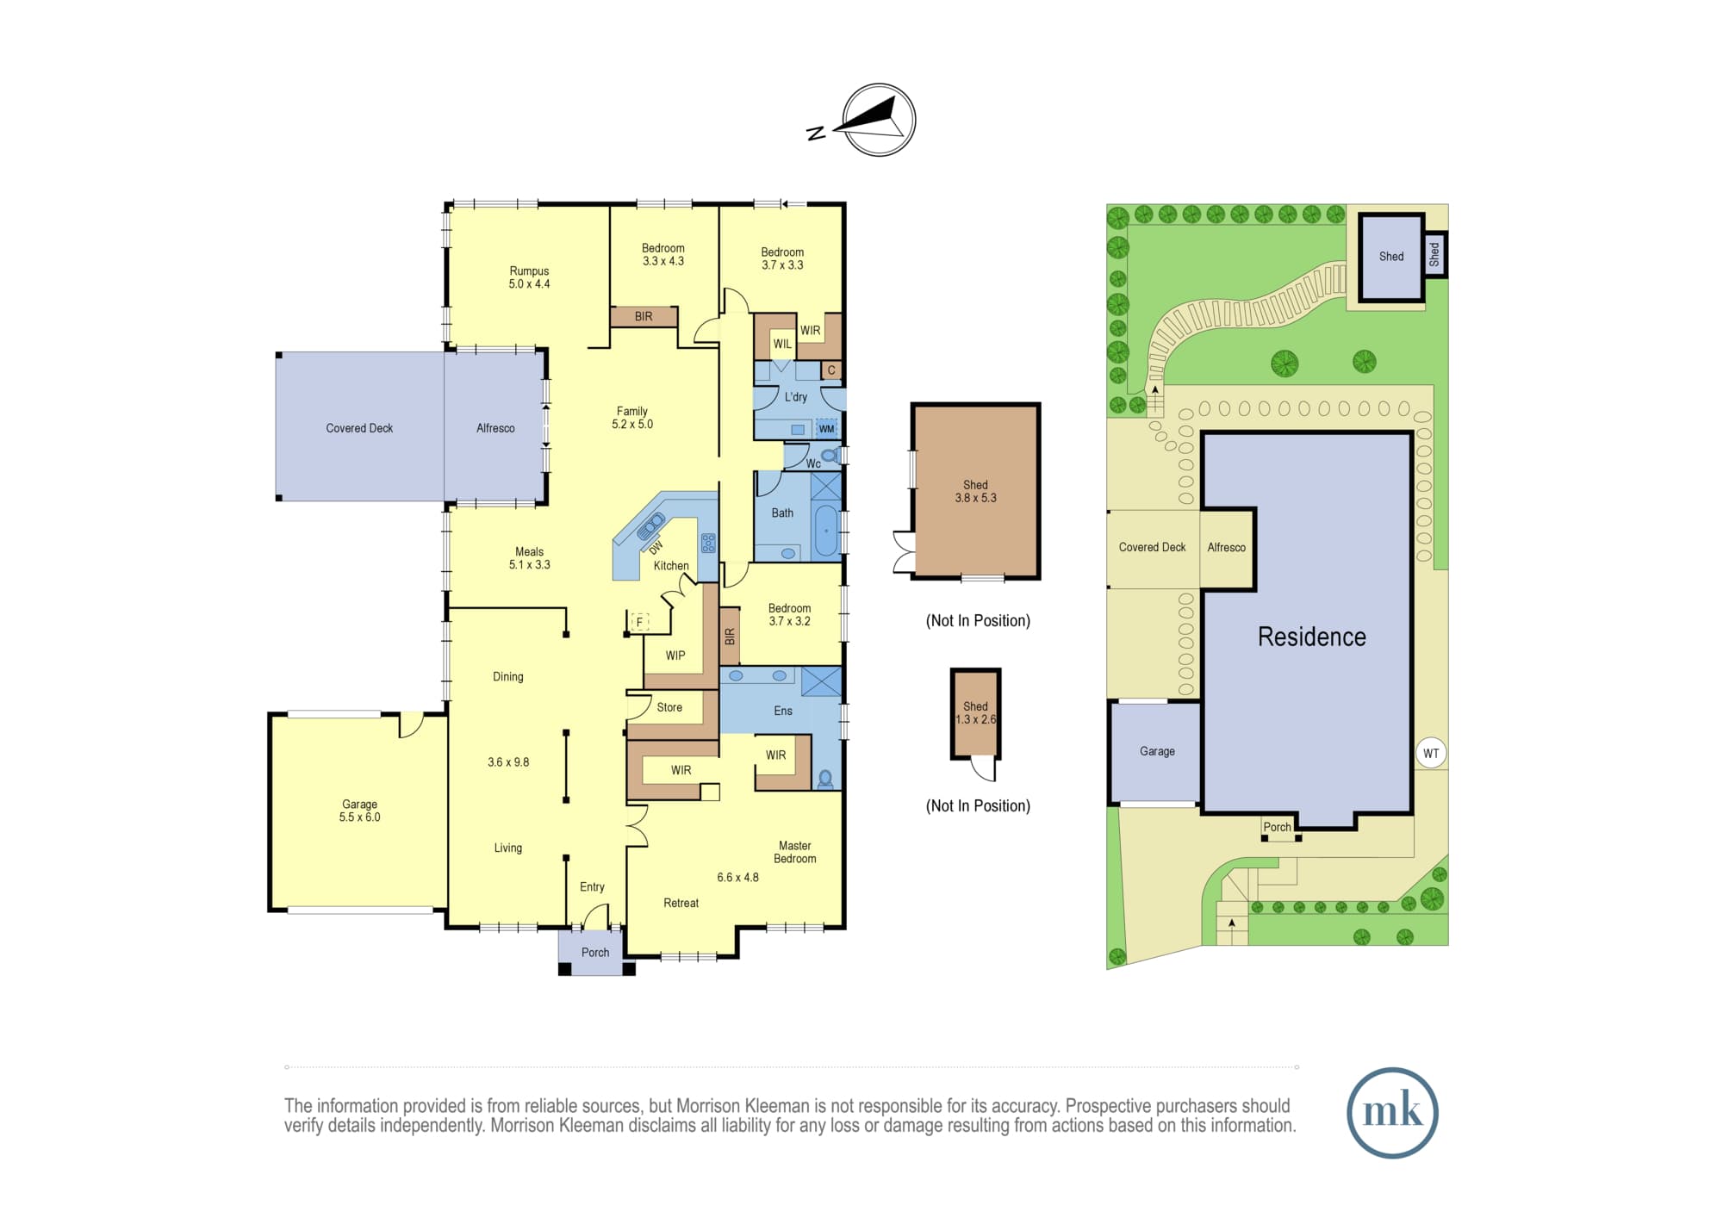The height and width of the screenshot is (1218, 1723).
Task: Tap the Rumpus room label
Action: pos(529,270)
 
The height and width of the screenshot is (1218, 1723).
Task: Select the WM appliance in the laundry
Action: pos(826,428)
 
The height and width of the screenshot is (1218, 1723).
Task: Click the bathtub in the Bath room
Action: pos(825,531)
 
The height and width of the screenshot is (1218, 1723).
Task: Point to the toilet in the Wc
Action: pos(830,455)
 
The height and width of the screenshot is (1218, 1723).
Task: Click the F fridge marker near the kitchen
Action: pos(639,621)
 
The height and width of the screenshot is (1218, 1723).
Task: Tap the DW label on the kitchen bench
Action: pos(656,548)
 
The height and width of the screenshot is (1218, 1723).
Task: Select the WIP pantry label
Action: pos(675,656)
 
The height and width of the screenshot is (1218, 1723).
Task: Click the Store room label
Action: pos(669,707)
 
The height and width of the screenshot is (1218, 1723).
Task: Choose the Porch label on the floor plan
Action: pos(595,953)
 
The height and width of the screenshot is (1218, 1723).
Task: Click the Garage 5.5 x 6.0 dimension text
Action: pos(359,817)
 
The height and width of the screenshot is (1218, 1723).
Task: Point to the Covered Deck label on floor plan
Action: pos(359,428)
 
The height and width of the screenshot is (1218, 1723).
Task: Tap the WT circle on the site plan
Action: pos(1431,753)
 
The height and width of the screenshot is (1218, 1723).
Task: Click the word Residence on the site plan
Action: pos(1312,637)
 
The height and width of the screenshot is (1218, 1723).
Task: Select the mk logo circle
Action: pos(1392,1112)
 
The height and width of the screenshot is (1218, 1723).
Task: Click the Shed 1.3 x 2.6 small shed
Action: pos(975,714)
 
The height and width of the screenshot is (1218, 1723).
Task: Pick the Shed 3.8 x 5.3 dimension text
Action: pos(975,498)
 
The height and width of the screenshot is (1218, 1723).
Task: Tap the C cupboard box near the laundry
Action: pos(831,370)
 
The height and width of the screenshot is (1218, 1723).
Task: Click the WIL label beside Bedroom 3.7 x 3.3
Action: pos(782,344)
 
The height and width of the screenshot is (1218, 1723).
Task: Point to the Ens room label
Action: pos(783,711)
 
